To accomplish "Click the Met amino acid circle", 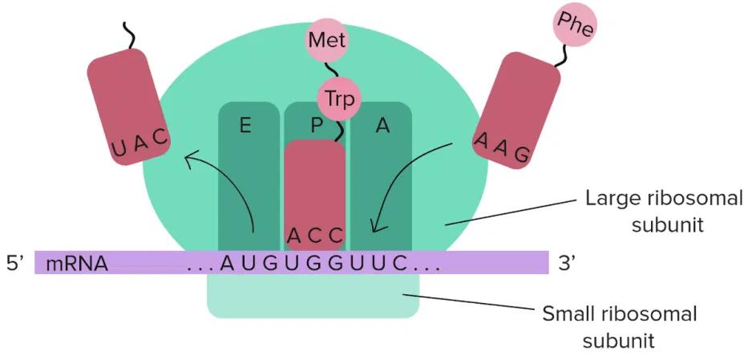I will [x=326, y=39].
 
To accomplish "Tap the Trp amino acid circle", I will [x=339, y=99].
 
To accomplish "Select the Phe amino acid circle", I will [x=576, y=26].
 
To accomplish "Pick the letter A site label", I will [x=382, y=126].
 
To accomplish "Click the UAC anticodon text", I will [x=140, y=143].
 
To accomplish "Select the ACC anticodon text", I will [x=315, y=236].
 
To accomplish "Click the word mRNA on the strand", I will [x=77, y=263].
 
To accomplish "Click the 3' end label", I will [x=568, y=262].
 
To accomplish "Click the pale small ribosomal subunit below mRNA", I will [x=313, y=297].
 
